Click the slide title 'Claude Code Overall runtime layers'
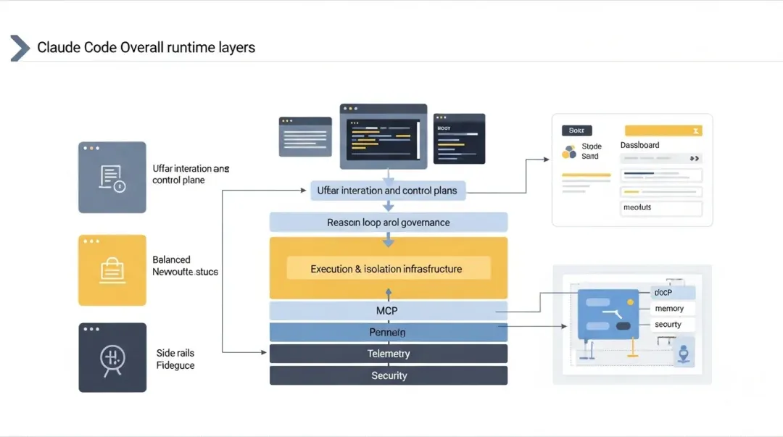tap(146, 48)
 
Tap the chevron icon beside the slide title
tap(20, 48)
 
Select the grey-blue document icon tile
tap(112, 178)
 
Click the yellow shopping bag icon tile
tap(112, 270)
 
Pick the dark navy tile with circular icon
tap(112, 357)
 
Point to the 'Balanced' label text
tap(171, 259)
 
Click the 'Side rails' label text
tap(175, 353)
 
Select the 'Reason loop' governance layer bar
tap(389, 222)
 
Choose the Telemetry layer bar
tap(389, 354)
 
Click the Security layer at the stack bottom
tap(389, 375)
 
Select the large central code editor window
tap(384, 136)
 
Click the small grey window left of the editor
tap(305, 137)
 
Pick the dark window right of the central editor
tap(459, 138)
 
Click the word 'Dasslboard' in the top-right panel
tap(640, 145)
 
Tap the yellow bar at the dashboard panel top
tap(663, 130)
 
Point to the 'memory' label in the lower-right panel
tap(669, 309)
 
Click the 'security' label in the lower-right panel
tap(668, 325)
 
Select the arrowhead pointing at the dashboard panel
tap(547, 158)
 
